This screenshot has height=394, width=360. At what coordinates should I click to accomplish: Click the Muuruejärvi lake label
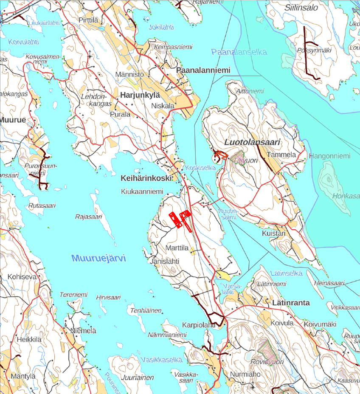[x=99, y=258]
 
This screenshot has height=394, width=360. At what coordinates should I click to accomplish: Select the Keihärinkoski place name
[x=146, y=178]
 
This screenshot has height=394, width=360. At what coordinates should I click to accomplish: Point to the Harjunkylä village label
[x=141, y=95]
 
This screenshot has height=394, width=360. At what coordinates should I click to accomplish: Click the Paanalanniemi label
[x=203, y=70]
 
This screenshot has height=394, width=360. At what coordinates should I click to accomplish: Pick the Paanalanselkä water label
[x=239, y=52]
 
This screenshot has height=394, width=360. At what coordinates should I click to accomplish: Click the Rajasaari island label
[x=89, y=217]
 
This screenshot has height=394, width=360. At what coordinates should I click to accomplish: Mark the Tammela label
[x=281, y=155]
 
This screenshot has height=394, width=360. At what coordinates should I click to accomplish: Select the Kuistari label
[x=273, y=234]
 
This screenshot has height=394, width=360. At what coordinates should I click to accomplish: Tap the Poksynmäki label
[x=314, y=50]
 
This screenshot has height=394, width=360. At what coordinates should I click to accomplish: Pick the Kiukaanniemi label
[x=142, y=192]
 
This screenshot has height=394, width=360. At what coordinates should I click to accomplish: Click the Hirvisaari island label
[x=108, y=298]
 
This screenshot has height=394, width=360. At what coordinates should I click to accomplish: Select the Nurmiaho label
[x=245, y=374]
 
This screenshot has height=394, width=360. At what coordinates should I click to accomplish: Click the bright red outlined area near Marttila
[x=180, y=220]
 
